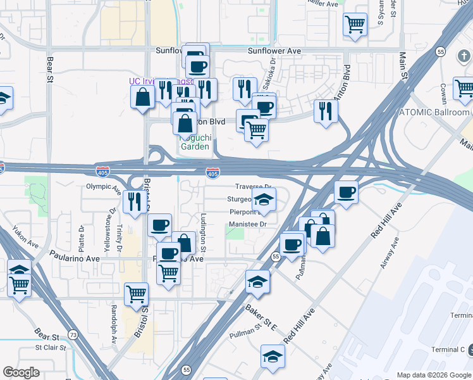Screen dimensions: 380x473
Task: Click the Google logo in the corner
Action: point(21,372)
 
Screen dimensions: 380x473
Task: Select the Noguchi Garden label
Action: point(195,141)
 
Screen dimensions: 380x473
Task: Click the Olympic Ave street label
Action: point(103,187)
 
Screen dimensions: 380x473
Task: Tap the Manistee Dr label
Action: point(249,224)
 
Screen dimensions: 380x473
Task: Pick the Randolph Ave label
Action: point(114,324)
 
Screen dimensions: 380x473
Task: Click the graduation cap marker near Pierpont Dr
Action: point(264,200)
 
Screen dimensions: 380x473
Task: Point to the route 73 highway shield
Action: point(73,334)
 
